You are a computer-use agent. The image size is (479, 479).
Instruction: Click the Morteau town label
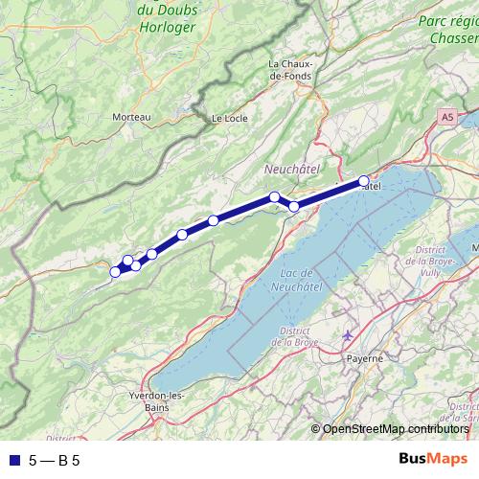132,116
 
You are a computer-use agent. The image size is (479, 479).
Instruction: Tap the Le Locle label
229,118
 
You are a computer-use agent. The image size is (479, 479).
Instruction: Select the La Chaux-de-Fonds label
286,70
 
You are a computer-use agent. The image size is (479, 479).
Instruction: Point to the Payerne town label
364,357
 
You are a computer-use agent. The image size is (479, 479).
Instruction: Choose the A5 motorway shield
447,116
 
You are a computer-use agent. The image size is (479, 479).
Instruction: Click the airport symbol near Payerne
347,336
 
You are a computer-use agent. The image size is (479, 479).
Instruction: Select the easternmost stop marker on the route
364,181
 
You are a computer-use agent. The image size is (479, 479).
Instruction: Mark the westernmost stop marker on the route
116,272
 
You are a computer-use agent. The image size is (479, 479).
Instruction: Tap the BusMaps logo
433,459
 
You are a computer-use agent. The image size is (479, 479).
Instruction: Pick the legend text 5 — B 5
55,460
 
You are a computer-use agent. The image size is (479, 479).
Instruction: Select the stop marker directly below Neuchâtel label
275,196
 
